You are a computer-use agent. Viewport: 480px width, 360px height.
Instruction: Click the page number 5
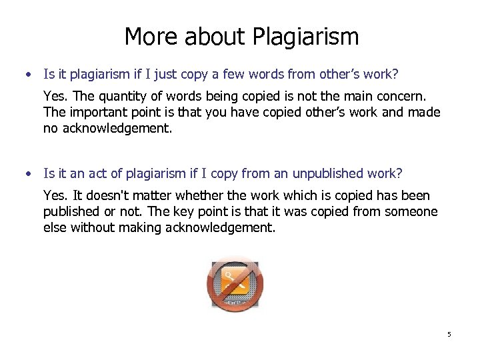tap(449, 334)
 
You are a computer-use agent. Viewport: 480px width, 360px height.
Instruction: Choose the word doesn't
tap(99, 195)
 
